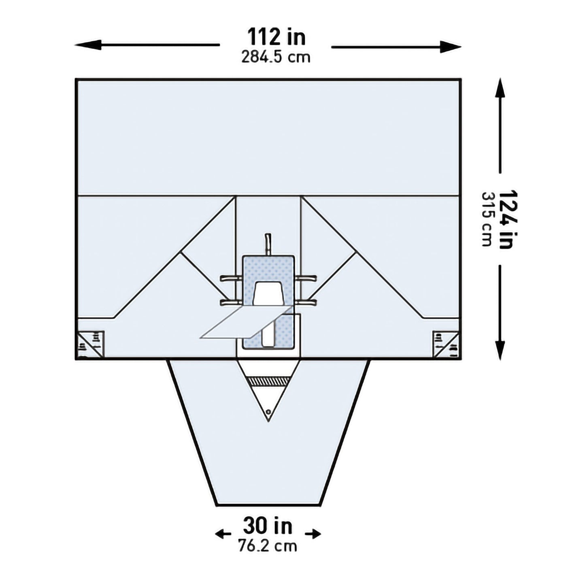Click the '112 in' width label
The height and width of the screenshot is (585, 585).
(x=277, y=37)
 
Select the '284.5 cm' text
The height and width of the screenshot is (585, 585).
(x=276, y=57)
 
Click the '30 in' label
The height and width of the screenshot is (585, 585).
(x=268, y=526)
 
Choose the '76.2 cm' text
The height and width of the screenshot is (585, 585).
(x=267, y=546)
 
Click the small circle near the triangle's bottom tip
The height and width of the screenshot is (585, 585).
(x=268, y=411)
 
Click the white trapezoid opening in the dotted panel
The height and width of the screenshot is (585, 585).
(x=268, y=293)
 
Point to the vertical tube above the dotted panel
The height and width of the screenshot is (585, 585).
(x=268, y=244)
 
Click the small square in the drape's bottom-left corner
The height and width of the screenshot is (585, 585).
(x=91, y=344)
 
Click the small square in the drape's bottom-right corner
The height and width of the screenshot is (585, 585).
(x=446, y=344)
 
